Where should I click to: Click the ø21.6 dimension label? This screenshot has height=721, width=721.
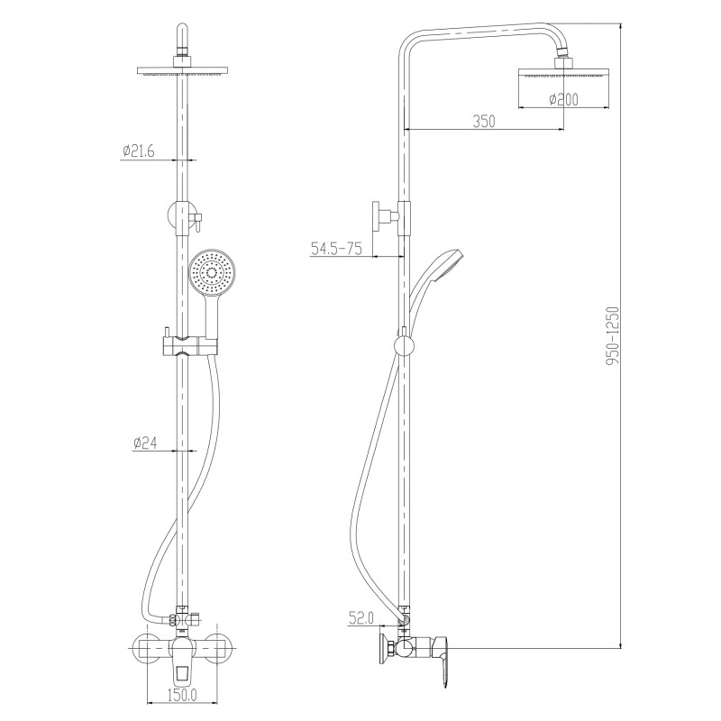tap(139, 151)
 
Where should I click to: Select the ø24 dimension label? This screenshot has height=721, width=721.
tap(145, 443)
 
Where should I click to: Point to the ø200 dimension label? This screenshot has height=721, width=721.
tap(564, 99)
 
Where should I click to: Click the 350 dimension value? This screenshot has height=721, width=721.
tap(484, 122)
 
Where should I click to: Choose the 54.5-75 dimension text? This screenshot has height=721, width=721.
tap(336, 249)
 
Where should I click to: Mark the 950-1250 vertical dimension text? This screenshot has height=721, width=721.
tap(613, 335)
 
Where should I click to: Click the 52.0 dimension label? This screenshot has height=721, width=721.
tap(360, 618)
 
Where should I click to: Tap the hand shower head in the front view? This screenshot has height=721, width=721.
tap(212, 273)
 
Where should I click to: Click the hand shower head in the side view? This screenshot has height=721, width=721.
tap(448, 266)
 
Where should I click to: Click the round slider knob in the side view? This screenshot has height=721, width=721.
tap(405, 346)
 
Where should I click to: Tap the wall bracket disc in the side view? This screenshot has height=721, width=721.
tap(376, 215)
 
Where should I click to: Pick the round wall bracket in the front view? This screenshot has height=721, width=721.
tap(177, 215)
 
